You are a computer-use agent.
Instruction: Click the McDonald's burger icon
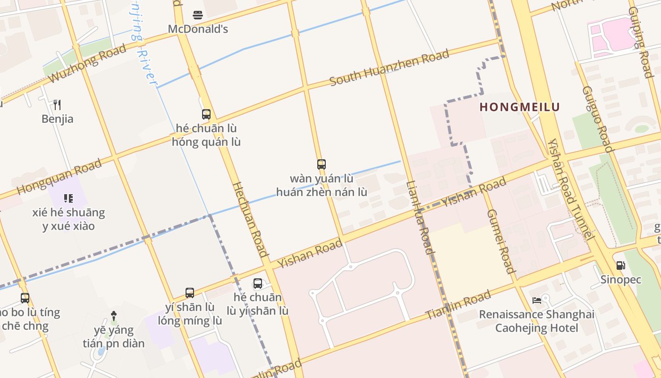pos(198,15)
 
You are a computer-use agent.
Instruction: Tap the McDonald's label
pos(198,29)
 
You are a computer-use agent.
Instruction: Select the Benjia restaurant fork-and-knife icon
pos(57,104)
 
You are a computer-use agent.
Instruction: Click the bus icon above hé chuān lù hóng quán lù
pos(206,114)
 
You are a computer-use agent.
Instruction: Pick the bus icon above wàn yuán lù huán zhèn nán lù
pos(322,164)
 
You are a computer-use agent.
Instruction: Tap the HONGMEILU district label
pos(519,107)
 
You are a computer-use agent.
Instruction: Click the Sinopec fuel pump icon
pos(621,266)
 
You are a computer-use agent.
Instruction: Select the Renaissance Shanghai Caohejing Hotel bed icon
pos(537,300)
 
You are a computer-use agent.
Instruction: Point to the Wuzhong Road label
pos(88,64)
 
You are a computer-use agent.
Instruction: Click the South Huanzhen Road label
pos(389,69)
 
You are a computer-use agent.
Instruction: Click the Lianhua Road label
pos(419,217)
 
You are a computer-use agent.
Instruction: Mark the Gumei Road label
pos(500,241)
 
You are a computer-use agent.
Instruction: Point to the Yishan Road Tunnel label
pos(569,189)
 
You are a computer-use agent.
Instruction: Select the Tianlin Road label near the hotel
pos(458,305)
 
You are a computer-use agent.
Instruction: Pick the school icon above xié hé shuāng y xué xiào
pos(68,198)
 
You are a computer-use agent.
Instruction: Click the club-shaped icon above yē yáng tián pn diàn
pos(114,315)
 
